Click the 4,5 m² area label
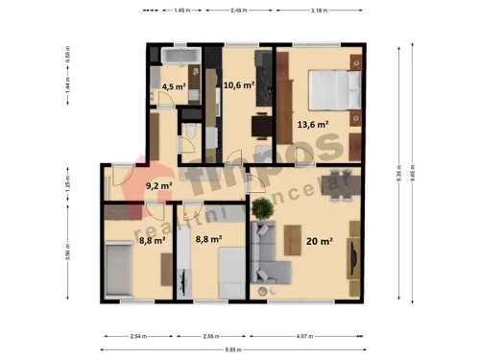tap(174, 86)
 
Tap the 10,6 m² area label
tap(238, 84)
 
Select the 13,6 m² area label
tap(313, 124)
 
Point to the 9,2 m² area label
tap(158, 186)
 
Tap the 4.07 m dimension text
tap(304, 336)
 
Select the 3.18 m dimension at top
tap(318, 10)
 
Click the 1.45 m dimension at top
tap(180, 10)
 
